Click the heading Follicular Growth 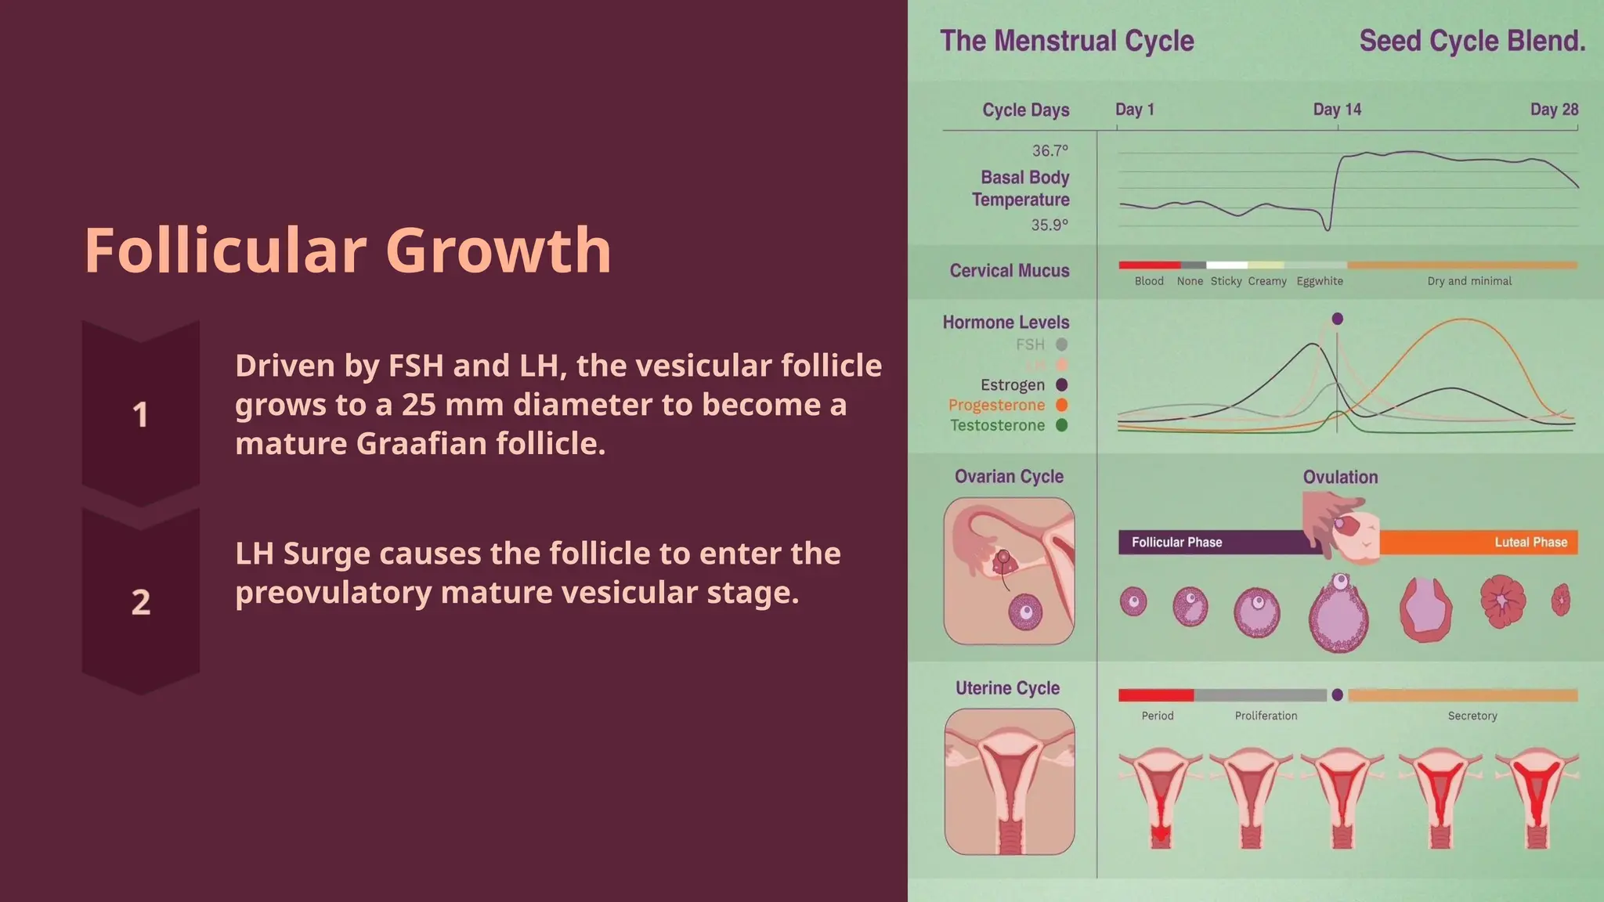click(347, 251)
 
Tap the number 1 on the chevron click(140, 415)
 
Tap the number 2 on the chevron click(140, 602)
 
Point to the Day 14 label click(1337, 110)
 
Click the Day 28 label click(1554, 110)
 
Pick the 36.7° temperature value click(1049, 150)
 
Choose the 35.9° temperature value click(1049, 225)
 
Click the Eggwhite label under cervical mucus click(1320, 281)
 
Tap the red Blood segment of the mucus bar click(1149, 265)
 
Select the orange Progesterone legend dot click(1062, 405)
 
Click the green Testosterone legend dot click(1062, 425)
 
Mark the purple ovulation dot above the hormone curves click(1338, 319)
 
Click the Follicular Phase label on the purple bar click(1176, 542)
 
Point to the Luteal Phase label click(1530, 542)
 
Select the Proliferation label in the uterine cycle click(1266, 716)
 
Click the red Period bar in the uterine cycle click(1156, 695)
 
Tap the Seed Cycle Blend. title click(1472, 41)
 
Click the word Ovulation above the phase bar click(1340, 477)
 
